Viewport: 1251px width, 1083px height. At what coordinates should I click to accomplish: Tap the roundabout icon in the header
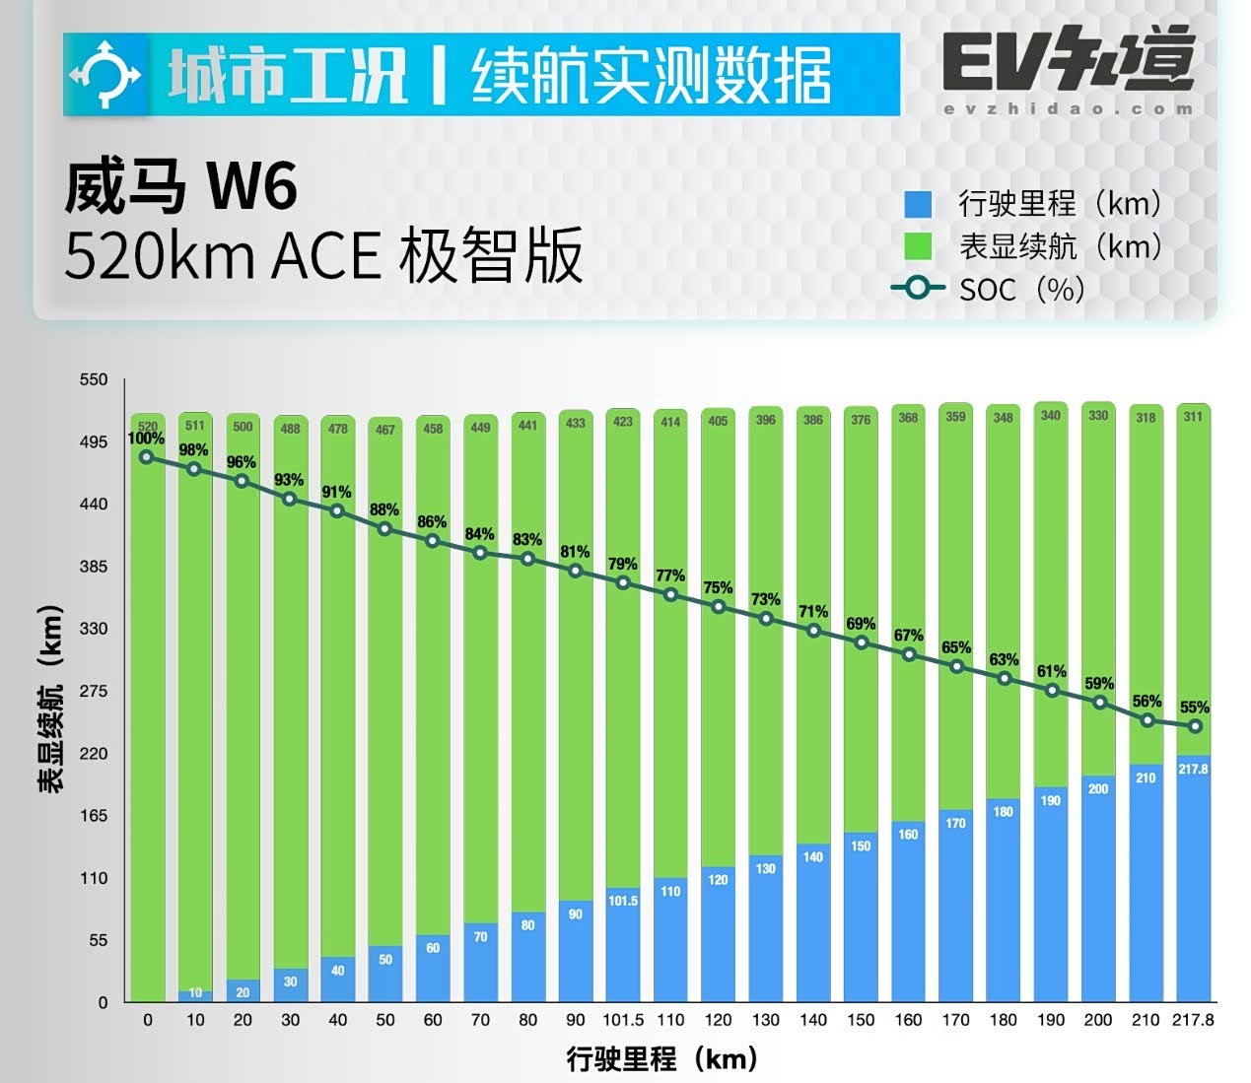[105, 75]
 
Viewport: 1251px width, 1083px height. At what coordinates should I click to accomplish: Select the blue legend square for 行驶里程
[918, 204]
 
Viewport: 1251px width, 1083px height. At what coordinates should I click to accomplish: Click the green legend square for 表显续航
[918, 246]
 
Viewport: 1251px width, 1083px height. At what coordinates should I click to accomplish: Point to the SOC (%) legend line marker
[918, 289]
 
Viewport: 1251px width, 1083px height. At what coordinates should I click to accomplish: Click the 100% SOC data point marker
[147, 457]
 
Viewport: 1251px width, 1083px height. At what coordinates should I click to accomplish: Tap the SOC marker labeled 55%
[1195, 726]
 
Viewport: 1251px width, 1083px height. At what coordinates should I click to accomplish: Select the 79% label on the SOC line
[622, 564]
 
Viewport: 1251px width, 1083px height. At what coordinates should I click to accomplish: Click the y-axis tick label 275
[94, 691]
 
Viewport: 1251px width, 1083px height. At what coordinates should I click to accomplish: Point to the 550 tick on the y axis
[94, 379]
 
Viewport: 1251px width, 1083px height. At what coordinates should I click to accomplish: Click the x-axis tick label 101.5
[623, 1020]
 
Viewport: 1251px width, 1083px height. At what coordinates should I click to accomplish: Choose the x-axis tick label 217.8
[1193, 1020]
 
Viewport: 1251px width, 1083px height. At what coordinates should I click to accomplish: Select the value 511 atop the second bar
[195, 426]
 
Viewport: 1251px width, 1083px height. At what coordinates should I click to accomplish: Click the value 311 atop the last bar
[1193, 417]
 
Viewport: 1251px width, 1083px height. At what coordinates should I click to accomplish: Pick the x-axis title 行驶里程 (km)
[661, 1059]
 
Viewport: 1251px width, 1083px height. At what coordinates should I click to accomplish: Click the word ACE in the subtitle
[325, 256]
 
